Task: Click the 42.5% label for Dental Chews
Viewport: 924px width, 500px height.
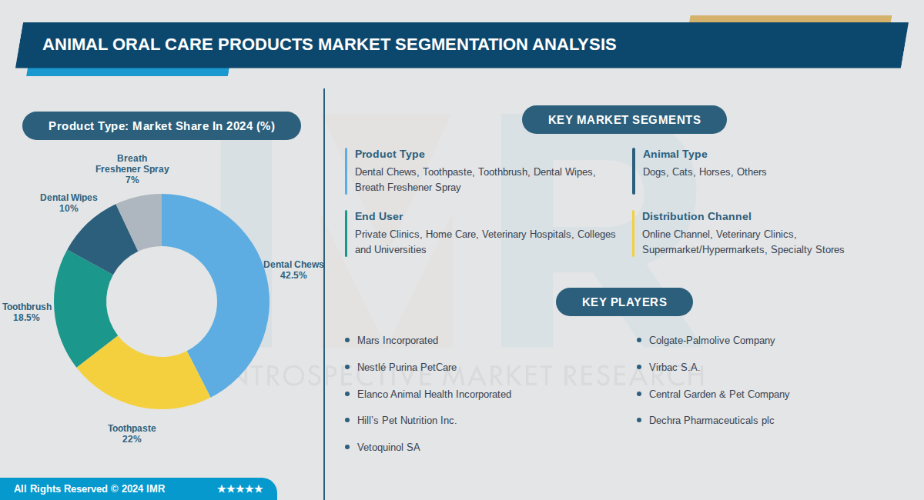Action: click(293, 275)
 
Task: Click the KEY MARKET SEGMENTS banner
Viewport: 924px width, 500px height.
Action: click(624, 120)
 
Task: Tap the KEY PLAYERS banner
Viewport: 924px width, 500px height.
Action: click(624, 302)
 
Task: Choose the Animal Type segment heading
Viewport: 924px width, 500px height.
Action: click(675, 154)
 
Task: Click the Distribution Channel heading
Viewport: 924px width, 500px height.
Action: click(696, 216)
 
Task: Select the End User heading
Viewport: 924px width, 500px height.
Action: click(379, 216)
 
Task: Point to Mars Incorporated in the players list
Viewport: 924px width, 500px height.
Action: click(397, 340)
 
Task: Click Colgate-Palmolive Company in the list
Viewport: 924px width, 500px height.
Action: click(711, 340)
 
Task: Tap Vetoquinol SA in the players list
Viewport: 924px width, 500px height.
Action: click(388, 447)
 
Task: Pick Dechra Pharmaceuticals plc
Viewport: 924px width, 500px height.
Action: click(711, 420)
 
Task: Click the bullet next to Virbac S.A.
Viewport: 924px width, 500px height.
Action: click(639, 368)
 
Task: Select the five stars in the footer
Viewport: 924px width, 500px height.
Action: click(239, 489)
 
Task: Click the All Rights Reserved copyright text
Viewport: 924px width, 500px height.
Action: click(89, 489)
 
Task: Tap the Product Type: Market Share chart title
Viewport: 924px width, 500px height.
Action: click(162, 126)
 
